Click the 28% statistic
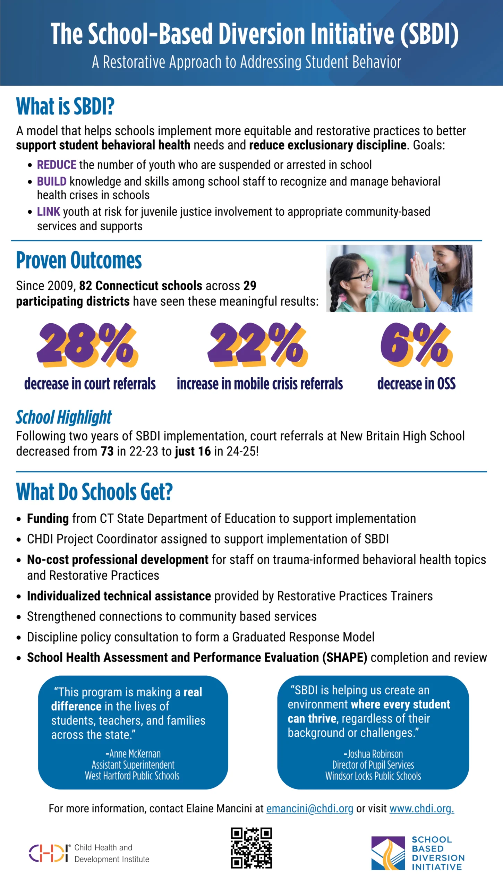tap(87, 345)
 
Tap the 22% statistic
tap(257, 345)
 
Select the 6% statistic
tap(416, 345)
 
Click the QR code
tap(251, 848)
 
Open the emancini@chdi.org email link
tap(309, 809)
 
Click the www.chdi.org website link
tap(421, 809)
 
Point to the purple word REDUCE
tap(57, 165)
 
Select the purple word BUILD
tap(52, 181)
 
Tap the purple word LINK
tap(49, 212)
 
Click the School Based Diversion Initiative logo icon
tap(388, 853)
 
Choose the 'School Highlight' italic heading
tap(64, 417)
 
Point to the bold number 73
tap(107, 451)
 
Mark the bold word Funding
tap(48, 519)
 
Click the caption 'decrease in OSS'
tap(416, 384)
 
